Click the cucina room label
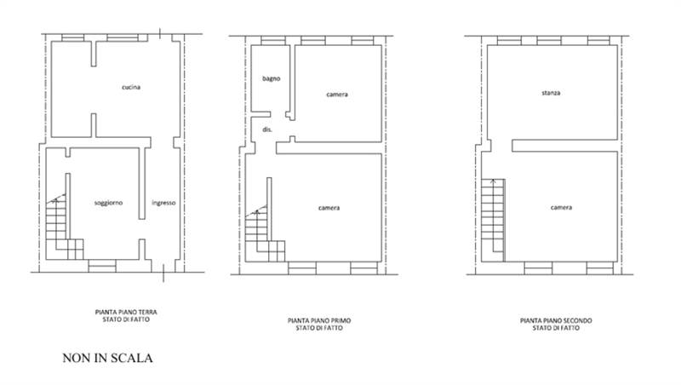pos(131,88)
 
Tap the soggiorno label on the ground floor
pos(109,203)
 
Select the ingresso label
pos(163,203)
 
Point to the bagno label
pos(272,78)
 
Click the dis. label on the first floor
pos(267,129)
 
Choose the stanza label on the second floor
pos(551,93)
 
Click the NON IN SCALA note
pos(108,358)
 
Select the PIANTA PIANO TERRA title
pos(126,312)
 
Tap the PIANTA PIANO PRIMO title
pos(319,320)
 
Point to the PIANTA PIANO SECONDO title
pos(556,320)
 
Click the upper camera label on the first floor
pos(337,95)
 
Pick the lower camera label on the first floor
pos(329,208)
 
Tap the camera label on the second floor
pos(561,208)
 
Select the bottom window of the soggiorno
pos(102,266)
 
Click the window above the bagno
pos(273,41)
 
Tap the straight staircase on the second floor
pos(493,221)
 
